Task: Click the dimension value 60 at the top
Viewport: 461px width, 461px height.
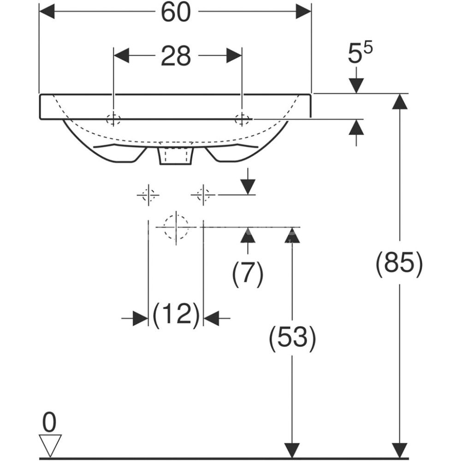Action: coord(176,12)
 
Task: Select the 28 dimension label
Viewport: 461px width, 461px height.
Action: coord(176,56)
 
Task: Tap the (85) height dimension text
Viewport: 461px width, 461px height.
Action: coord(399,264)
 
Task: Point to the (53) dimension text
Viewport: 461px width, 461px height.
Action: coord(293,337)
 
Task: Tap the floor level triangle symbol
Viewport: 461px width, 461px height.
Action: coord(50,444)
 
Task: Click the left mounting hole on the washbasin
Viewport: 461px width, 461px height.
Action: coord(113,119)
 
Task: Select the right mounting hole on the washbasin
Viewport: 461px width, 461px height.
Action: coord(241,119)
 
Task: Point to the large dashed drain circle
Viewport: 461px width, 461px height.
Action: coord(176,226)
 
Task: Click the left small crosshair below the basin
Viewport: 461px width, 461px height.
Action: coord(148,195)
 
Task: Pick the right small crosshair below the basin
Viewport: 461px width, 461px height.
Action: coord(203,195)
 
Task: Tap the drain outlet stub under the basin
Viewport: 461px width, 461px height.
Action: coord(175,156)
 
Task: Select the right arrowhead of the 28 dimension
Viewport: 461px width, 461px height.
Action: coord(234,56)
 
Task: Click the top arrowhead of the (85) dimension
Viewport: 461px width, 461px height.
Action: coord(400,101)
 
